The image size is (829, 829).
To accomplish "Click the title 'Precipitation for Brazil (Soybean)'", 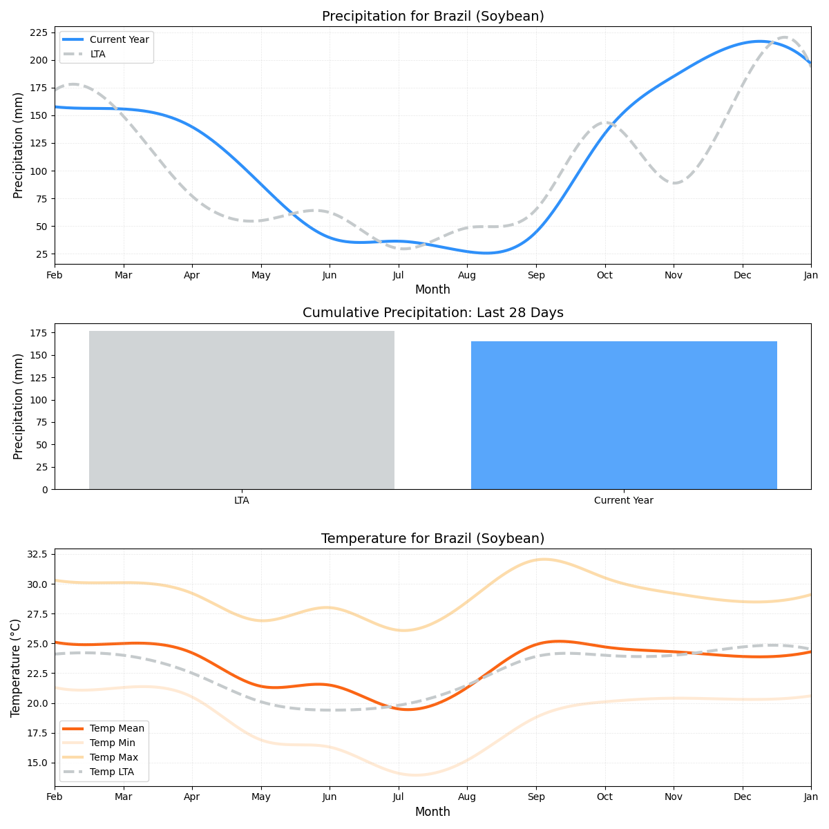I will click(x=432, y=17).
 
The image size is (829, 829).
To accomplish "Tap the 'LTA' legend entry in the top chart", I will click(x=97, y=54).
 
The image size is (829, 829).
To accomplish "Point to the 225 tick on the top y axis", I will click(x=39, y=32).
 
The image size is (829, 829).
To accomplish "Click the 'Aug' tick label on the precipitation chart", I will click(x=467, y=276).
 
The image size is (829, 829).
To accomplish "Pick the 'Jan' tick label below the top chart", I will click(x=810, y=276).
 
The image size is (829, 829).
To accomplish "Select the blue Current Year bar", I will click(x=624, y=414).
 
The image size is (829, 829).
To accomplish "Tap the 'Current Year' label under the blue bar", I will click(x=623, y=501).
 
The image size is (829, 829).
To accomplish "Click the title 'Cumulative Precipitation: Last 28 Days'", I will click(x=432, y=313).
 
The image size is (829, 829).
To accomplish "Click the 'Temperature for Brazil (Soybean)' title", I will click(x=432, y=539).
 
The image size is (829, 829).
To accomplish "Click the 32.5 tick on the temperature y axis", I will click(x=36, y=554).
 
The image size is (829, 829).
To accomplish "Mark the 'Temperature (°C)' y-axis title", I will click(x=16, y=667).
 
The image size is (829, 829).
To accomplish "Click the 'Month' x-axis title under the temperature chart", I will click(x=432, y=812).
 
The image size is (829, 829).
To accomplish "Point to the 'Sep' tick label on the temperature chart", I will click(x=535, y=797).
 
